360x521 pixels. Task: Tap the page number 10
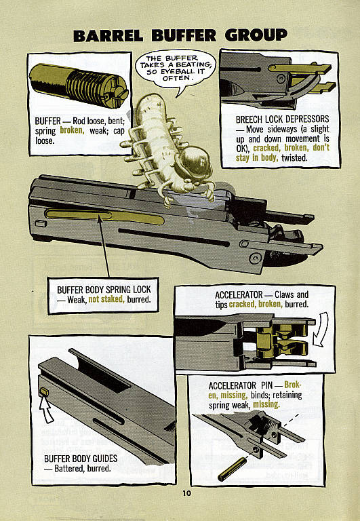click(x=186, y=493)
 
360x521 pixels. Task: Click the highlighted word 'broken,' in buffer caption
click(x=71, y=130)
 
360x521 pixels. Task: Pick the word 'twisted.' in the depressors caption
click(x=294, y=158)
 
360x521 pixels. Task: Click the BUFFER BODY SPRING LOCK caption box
click(x=104, y=294)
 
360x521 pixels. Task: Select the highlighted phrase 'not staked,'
click(x=106, y=299)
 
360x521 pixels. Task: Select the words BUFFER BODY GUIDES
click(x=81, y=459)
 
